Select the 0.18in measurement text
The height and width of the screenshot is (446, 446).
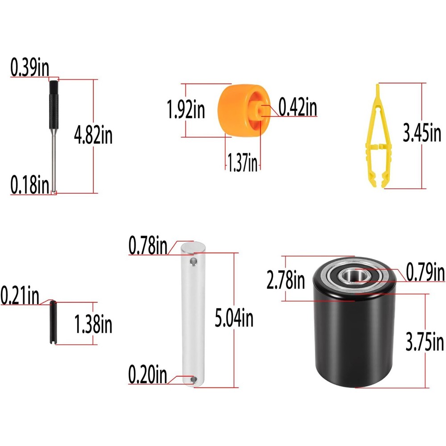(30, 184)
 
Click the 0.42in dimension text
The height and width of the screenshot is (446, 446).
(297, 107)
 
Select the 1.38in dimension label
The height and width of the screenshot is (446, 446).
(93, 325)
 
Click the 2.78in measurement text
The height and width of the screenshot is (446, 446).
(286, 281)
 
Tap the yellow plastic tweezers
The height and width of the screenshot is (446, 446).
(374, 143)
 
